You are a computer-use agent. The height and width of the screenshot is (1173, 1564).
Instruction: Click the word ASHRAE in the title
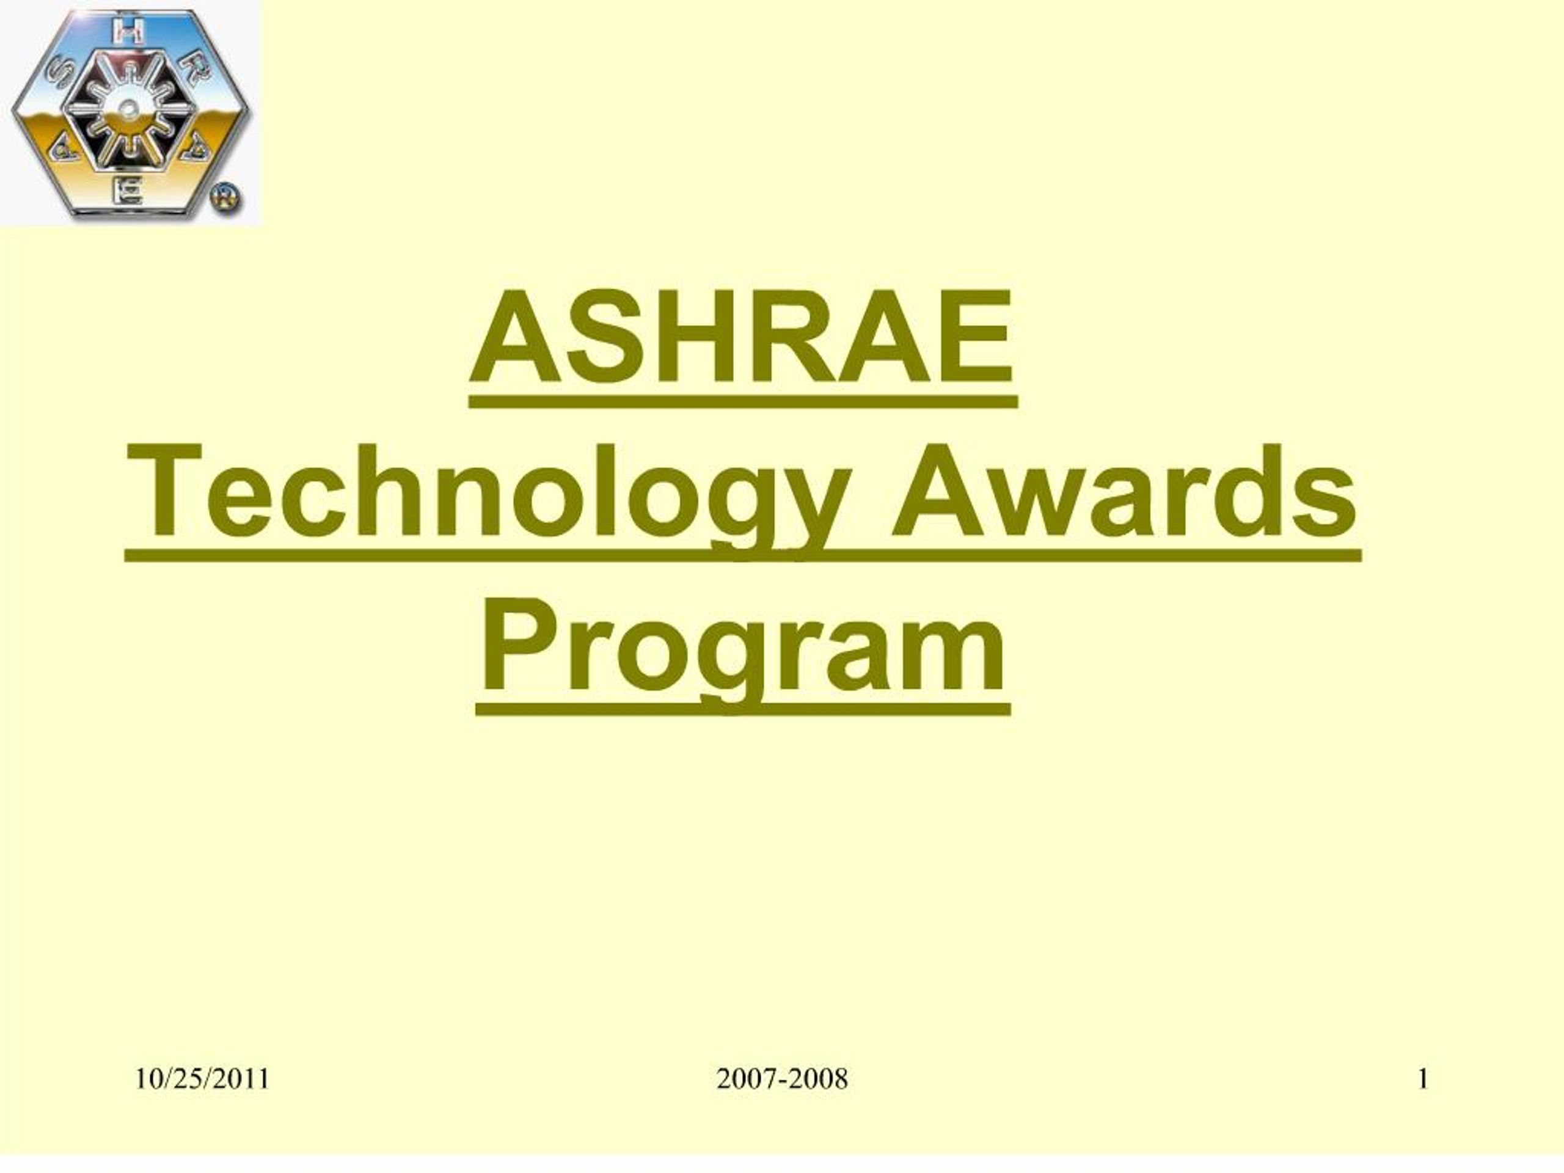pos(742,337)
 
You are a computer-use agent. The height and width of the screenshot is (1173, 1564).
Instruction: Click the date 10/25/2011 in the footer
pos(202,1080)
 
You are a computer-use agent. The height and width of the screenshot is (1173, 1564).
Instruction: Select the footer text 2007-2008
pos(781,1080)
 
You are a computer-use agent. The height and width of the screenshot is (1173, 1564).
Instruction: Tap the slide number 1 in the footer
pos(1423,1080)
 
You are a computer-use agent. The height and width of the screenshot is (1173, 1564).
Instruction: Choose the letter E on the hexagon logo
pos(130,191)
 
